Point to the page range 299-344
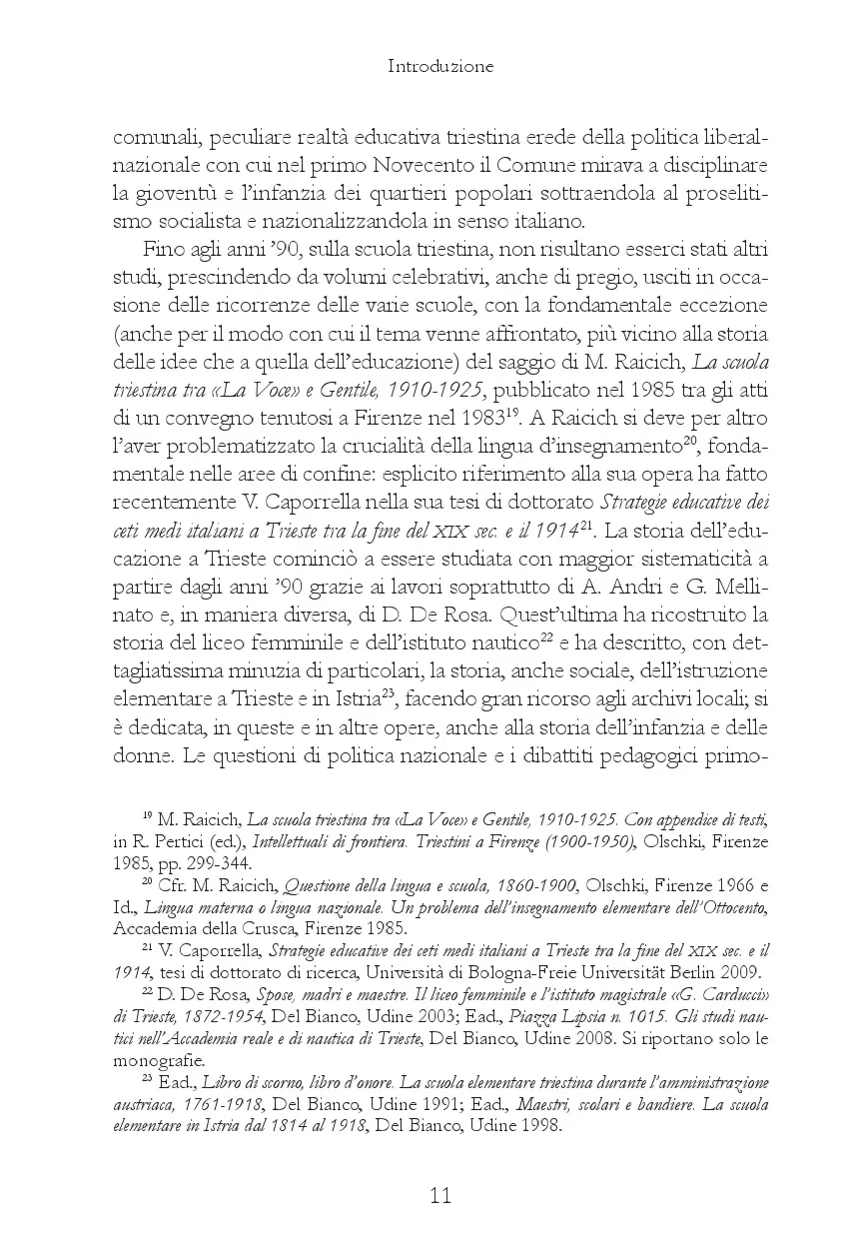[219, 862]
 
